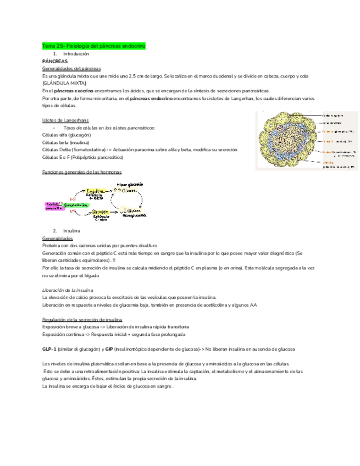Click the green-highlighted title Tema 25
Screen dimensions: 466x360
93,47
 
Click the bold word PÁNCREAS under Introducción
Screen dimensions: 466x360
54,61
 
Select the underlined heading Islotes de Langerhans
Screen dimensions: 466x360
65,120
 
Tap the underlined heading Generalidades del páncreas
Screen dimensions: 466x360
71,68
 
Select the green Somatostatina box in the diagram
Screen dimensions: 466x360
77,204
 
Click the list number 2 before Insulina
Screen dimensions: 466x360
55,231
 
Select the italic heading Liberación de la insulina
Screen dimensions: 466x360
68,290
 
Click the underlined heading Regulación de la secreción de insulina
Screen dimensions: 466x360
82,319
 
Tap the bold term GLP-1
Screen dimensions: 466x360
49,349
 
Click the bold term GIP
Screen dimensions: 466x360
109,349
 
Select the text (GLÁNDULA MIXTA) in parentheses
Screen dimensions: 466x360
63,82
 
